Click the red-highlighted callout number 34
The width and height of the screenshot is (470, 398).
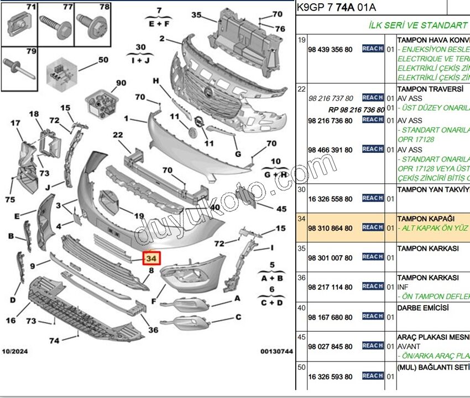151,258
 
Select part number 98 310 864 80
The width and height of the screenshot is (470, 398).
330,228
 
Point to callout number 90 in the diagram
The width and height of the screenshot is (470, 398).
121,83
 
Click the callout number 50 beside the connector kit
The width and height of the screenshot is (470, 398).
103,60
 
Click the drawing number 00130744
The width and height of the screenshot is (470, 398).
277,352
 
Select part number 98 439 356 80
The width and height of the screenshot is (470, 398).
330,49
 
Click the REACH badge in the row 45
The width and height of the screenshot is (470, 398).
373,346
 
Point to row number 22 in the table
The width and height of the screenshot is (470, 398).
302,89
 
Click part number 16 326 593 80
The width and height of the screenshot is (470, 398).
330,377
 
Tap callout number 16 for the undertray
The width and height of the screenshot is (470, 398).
11,321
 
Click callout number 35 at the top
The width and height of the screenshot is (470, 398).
196,15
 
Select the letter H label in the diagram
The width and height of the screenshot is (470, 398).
156,81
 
